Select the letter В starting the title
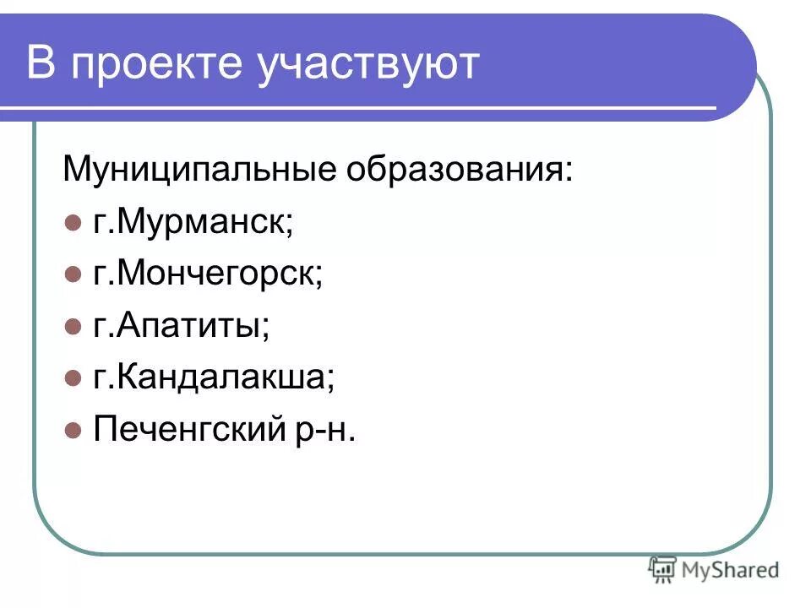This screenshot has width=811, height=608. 41,64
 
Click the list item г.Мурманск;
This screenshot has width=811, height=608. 193,222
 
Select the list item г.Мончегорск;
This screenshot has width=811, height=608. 208,274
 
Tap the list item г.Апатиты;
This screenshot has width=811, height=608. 182,326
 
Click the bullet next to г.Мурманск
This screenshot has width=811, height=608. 72,223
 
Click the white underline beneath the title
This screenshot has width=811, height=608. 355,107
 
